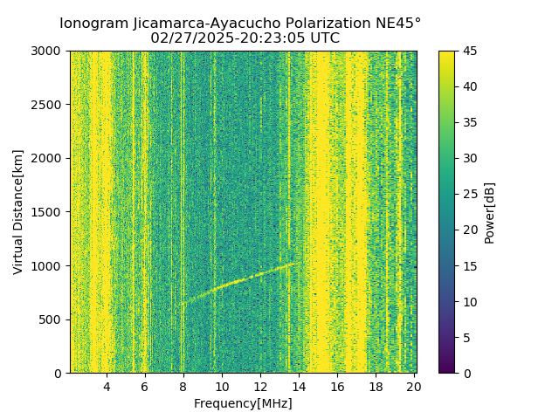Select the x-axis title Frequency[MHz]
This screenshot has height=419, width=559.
pos(243,403)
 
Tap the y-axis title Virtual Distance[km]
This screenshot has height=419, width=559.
pos(18,212)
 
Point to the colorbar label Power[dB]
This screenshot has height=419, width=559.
pos(490,212)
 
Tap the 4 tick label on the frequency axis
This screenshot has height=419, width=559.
pos(107,387)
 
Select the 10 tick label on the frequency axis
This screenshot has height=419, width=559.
pos(222,387)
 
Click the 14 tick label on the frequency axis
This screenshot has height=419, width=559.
pos(299,387)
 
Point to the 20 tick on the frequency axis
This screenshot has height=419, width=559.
pos(414,387)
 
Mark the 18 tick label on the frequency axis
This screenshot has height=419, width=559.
pos(376,387)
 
